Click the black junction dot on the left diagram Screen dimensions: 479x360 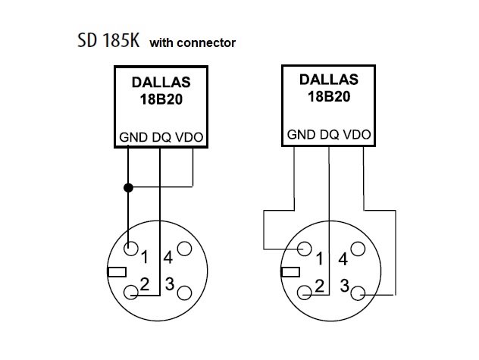(128, 188)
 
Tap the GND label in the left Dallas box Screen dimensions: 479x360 (133, 137)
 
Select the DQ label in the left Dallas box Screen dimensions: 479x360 (161, 137)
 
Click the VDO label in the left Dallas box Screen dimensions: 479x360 (189, 137)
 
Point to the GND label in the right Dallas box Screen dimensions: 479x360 (301, 134)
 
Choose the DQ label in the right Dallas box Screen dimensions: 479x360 (329, 134)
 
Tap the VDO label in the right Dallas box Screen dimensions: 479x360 (357, 134)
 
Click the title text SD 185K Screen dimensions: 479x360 (108, 40)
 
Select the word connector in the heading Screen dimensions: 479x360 (206, 42)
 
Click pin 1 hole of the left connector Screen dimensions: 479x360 (131, 249)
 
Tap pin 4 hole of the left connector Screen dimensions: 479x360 (184, 249)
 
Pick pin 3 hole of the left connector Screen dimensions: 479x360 (184, 293)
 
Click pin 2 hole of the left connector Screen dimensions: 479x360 (131, 293)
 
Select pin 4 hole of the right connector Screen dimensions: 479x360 (358, 249)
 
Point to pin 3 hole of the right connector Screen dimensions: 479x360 (358, 293)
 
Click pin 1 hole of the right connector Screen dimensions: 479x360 (304, 249)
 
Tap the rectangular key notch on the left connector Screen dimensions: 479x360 (117, 271)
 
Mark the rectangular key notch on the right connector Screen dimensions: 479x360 (290, 271)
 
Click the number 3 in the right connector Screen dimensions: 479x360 (345, 286)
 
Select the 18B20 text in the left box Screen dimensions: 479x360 (161, 99)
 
